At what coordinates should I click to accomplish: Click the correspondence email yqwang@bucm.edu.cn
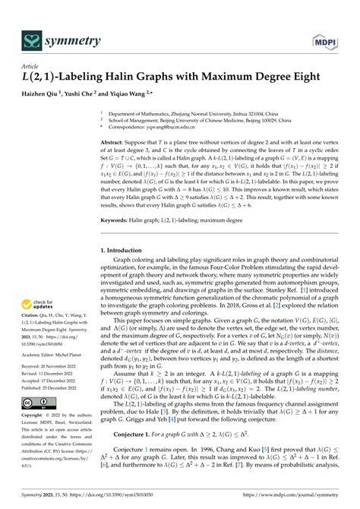(171, 126)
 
